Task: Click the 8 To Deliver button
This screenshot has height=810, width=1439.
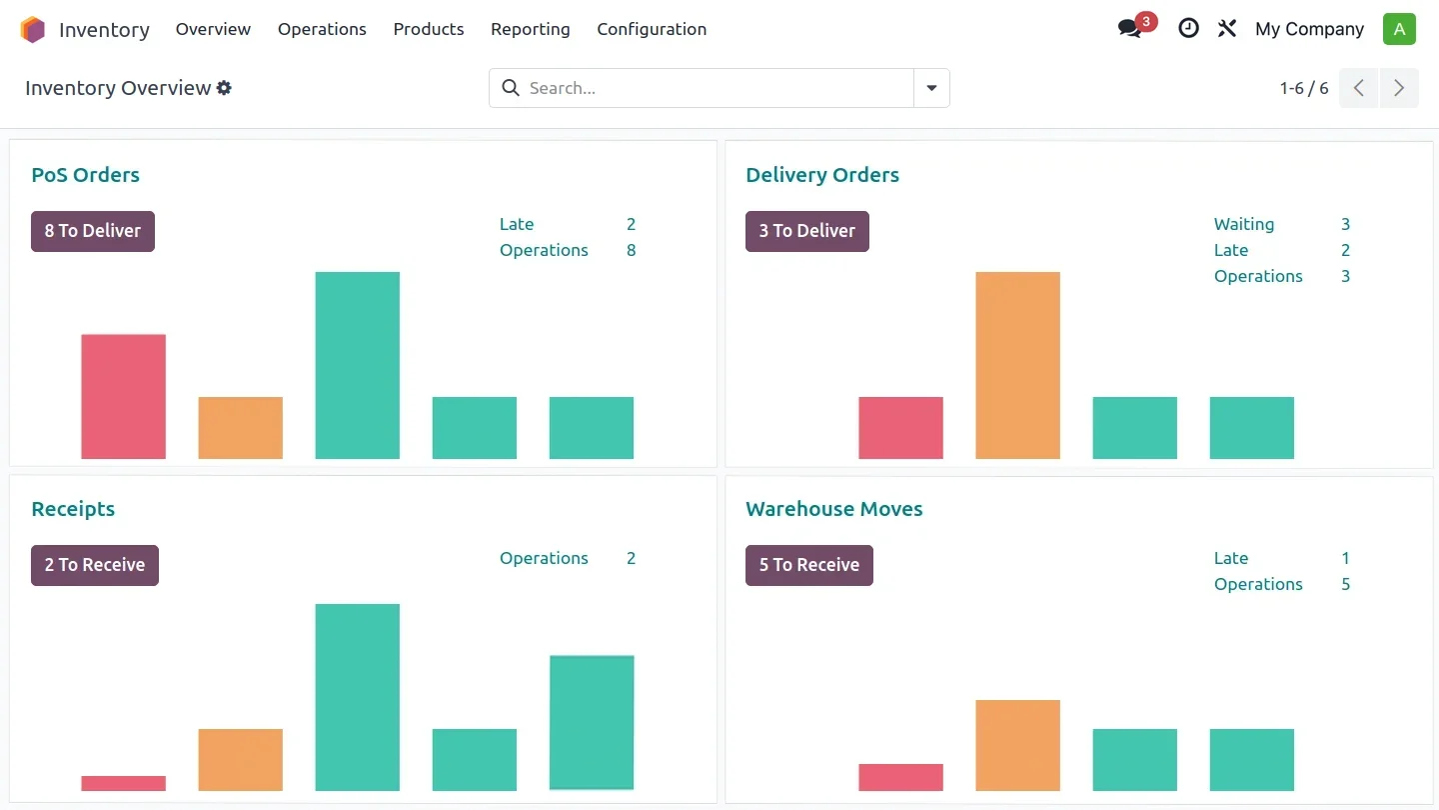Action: tap(93, 231)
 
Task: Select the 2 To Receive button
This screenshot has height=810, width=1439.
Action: tap(95, 565)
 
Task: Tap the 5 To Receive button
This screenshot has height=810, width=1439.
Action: tap(809, 565)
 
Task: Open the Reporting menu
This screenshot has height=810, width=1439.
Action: tap(530, 29)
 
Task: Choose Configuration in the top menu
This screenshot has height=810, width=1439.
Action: tap(652, 29)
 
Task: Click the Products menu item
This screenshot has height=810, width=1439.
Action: tap(429, 29)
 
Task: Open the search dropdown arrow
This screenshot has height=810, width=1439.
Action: tap(931, 88)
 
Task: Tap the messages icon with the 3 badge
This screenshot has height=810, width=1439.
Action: tap(1131, 28)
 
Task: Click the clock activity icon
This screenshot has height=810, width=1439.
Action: tap(1188, 28)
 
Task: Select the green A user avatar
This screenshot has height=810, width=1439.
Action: tap(1399, 29)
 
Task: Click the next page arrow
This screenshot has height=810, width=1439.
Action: tap(1399, 88)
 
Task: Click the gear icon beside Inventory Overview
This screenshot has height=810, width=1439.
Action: tap(224, 88)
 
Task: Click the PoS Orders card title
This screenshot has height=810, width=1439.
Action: tap(85, 175)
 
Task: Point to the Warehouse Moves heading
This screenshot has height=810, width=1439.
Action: tap(833, 509)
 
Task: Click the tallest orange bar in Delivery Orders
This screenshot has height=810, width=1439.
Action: tap(1017, 365)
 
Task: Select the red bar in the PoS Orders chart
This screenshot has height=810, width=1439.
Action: tap(123, 396)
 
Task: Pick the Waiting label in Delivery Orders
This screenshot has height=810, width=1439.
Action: tap(1243, 224)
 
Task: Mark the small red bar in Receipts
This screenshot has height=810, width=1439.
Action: tap(123, 783)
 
